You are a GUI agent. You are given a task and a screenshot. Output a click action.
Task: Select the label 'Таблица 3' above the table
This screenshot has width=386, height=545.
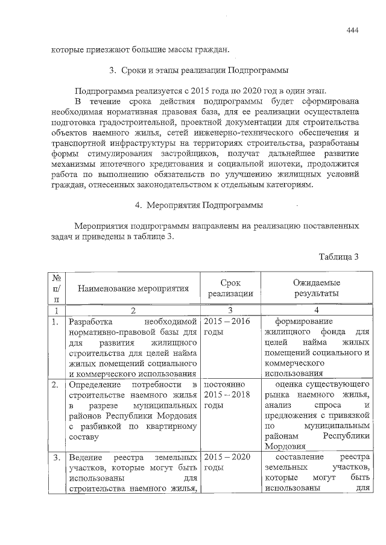point(339,257)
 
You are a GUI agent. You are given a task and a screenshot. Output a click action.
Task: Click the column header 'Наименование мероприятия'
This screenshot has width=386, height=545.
point(133,288)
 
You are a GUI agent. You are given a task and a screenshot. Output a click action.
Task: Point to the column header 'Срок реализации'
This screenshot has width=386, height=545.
point(230,288)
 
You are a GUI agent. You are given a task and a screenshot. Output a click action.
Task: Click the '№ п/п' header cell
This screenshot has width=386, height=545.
point(57,288)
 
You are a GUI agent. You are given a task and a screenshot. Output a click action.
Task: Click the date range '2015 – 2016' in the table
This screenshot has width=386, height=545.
point(228,322)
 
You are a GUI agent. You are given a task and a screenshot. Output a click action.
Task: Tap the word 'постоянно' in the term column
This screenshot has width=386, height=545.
point(224,384)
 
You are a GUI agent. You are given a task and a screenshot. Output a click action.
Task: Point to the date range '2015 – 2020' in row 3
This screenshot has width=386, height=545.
point(228,458)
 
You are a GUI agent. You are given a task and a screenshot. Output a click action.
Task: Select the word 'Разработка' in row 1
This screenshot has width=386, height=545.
point(90,322)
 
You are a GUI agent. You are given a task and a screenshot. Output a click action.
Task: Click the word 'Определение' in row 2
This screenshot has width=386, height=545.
point(94,384)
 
